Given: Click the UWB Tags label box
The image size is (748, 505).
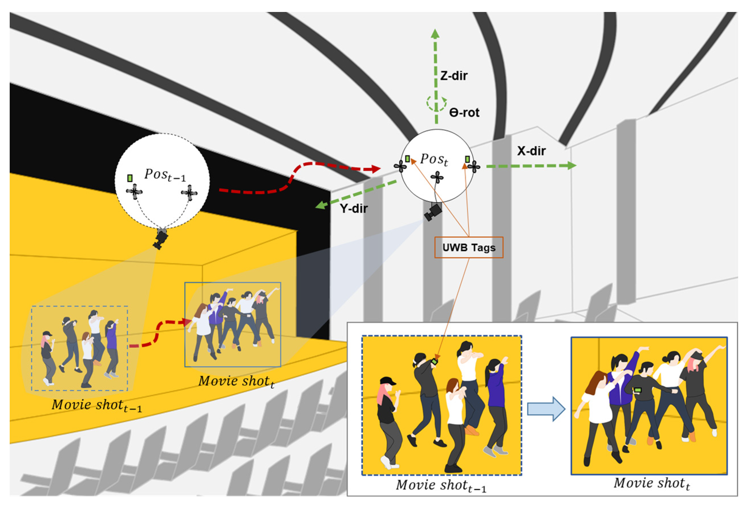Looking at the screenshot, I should (x=468, y=247).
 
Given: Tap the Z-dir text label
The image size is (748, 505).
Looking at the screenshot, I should (x=453, y=76).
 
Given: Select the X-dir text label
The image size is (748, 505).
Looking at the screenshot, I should (x=531, y=151).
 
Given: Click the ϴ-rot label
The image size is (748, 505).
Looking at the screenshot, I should (x=464, y=113).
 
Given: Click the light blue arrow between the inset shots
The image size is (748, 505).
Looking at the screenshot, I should (x=546, y=409).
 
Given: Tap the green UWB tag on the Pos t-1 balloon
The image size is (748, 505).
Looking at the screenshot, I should (x=130, y=178).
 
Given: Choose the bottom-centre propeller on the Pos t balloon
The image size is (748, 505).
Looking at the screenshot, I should (x=437, y=177).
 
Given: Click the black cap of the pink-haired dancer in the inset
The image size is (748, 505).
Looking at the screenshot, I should (x=388, y=381).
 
